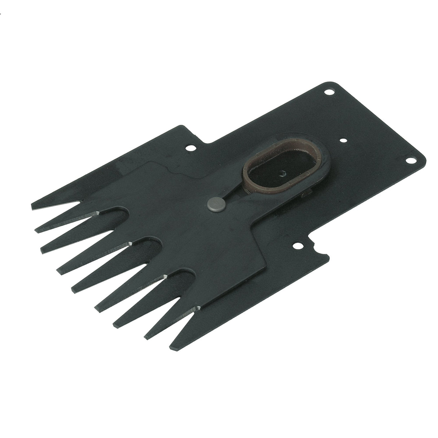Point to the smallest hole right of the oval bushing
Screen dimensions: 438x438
(343, 140)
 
